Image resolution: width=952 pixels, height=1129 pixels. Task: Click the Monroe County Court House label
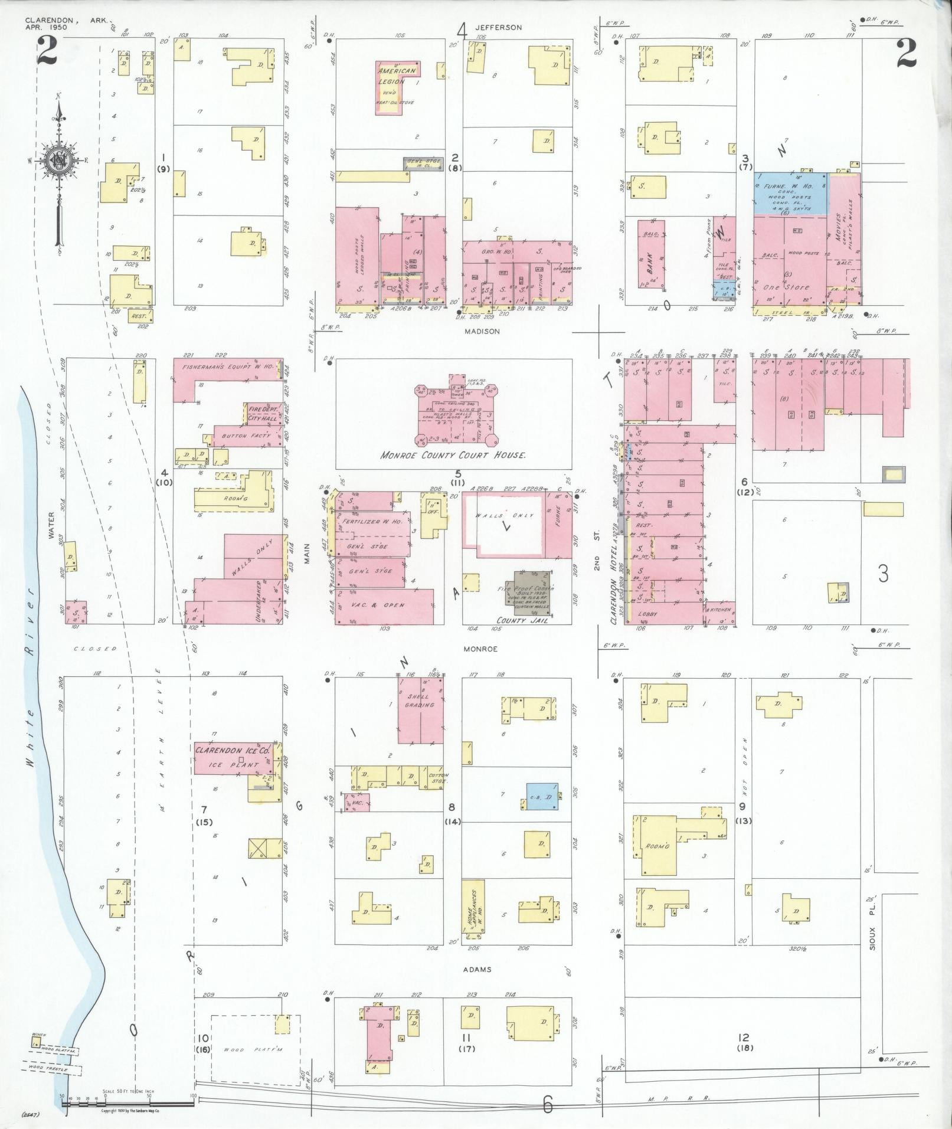tap(453, 456)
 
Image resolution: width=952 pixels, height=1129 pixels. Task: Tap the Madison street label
tap(482, 331)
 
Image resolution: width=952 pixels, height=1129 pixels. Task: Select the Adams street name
tap(477, 969)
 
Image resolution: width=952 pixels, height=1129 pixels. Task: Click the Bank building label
tap(652, 258)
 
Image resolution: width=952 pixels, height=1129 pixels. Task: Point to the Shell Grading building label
tap(420, 701)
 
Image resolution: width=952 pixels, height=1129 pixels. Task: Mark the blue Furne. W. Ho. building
tap(789, 192)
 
